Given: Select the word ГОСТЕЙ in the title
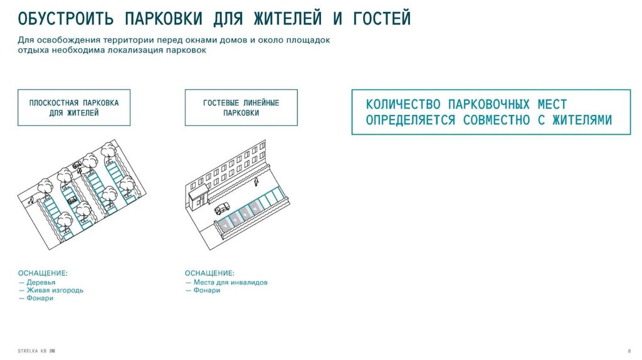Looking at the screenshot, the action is (x=381, y=18).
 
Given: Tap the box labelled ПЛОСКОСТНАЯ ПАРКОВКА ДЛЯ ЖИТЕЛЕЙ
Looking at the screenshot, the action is (x=74, y=107).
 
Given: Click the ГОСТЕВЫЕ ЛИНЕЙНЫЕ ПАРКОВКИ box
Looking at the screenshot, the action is (x=241, y=107).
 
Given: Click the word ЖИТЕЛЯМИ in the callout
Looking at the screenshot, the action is (x=582, y=120).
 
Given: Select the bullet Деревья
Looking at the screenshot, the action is (x=41, y=282).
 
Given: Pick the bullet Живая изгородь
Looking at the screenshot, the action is (x=55, y=290).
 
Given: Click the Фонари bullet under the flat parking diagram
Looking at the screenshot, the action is (x=39, y=299).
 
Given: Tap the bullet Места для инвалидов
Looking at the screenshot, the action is (x=230, y=282).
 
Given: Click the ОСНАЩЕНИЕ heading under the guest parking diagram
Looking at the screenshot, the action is (x=209, y=273).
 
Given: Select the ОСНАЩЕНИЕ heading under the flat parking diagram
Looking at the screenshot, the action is (x=43, y=273).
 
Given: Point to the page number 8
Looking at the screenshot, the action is (x=629, y=350).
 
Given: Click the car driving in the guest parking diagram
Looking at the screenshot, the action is (x=223, y=209).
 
